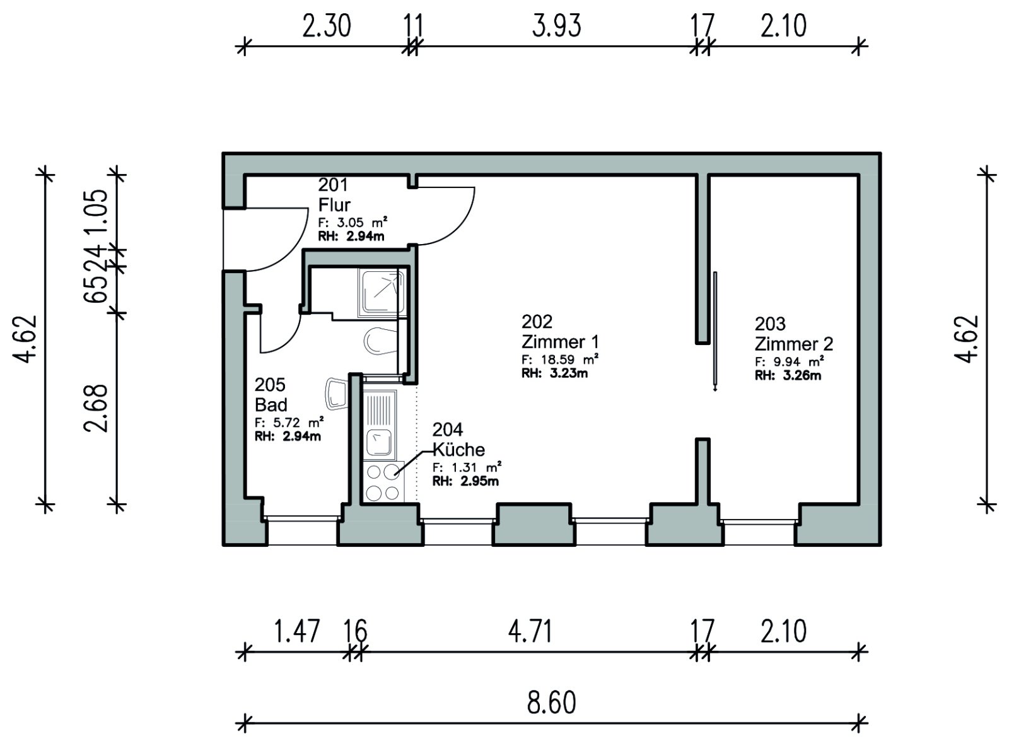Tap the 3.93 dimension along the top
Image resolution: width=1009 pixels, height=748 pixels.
pos(556,25)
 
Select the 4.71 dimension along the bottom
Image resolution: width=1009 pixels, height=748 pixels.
pos(530,631)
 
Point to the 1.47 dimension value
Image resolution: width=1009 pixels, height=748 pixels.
pos(296,631)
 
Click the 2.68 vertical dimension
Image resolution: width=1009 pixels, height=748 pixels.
pos(96,408)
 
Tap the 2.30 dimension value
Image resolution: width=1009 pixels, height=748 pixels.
pos(327,25)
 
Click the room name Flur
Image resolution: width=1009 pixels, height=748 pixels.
pos(334,205)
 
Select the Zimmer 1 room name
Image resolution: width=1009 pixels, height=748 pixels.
pos(560,342)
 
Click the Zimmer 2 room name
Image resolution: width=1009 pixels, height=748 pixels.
pos(794,344)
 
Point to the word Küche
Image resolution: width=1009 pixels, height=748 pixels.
pos(458,450)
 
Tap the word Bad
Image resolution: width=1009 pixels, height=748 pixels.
pos(271,404)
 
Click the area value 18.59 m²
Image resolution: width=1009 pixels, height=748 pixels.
pos(559,359)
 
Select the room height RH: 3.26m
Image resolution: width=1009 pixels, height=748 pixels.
pos(788,376)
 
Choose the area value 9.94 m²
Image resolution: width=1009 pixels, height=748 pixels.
pos(790,362)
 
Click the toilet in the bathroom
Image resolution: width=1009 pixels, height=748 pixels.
pos(380,340)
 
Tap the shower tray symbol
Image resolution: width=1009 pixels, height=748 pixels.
pos(382,293)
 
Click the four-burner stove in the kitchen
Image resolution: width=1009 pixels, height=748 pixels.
pos(383,482)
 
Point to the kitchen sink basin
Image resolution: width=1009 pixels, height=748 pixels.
pos(378,441)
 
